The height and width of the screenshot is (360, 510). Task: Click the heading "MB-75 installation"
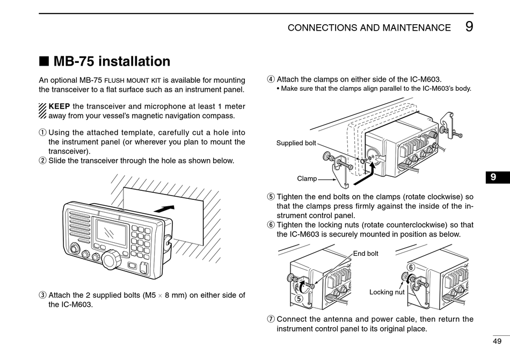pos(112,61)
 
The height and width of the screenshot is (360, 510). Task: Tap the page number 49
pos(497,341)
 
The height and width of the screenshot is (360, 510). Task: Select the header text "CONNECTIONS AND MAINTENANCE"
pos(369,28)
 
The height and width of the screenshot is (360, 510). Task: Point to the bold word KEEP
pos(59,106)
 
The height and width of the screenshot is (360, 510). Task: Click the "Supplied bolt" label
pos(296,143)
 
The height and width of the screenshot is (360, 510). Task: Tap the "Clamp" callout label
pos(307,178)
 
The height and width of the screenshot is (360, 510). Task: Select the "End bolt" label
pos(366,253)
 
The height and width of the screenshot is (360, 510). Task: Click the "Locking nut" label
pos(387,292)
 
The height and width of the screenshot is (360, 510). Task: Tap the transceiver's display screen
pos(111,233)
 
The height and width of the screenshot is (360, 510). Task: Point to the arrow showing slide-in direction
pos(164,207)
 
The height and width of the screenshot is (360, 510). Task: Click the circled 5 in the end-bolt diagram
pos(297,298)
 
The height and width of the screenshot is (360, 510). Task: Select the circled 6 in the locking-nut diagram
pos(411,267)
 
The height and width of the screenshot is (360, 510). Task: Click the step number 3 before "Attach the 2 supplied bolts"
pos(42,295)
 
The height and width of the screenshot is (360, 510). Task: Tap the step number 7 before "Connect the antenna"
pos(271,319)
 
